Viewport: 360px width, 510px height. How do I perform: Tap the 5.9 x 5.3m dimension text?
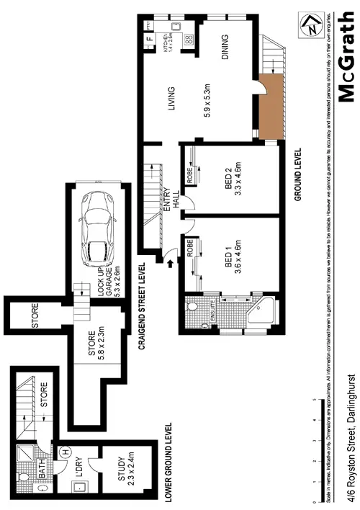(x=207, y=99)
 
